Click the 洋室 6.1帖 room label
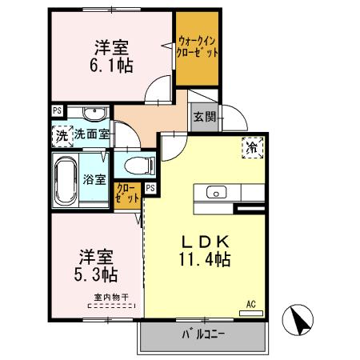tap(110, 54)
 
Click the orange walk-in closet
tap(198, 51)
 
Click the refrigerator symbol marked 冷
tap(251, 147)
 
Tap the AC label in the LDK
tap(250, 305)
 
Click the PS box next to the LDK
tap(150, 190)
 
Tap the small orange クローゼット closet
tap(126, 193)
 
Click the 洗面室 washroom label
tap(91, 135)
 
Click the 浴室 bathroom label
tap(94, 179)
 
